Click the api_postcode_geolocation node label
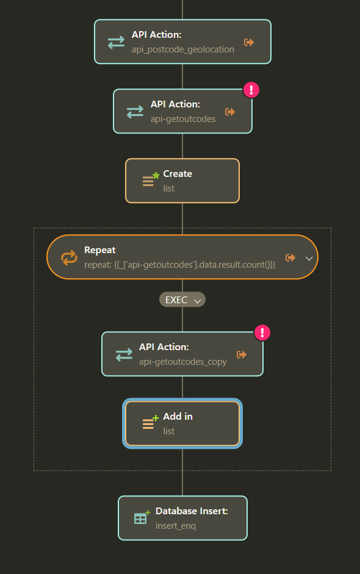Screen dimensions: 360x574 coord(183,49)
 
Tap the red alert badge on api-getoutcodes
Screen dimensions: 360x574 coord(251,90)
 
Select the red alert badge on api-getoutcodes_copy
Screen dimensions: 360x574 coord(262,333)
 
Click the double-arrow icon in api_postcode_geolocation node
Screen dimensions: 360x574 coord(116,43)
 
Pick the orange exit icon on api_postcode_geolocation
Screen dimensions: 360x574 coord(249,43)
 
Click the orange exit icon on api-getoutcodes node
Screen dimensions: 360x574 coord(230,112)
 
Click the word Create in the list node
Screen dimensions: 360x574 coord(178,173)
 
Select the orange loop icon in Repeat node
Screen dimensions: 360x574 coord(69,257)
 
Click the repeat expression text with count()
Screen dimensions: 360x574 coord(180,265)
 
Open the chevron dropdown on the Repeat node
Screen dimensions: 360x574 coord(309,259)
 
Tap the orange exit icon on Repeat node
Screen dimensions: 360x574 coord(290,257)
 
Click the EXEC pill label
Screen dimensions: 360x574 coord(176,300)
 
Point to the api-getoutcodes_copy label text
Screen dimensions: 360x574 coord(183,362)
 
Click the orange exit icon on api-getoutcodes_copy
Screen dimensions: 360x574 coord(242,354)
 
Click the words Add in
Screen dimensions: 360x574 coord(178,416)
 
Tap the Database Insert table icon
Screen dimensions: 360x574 coord(142,517)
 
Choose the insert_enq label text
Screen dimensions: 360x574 coord(176,526)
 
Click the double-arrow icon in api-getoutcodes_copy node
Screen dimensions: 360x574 coord(124,355)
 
